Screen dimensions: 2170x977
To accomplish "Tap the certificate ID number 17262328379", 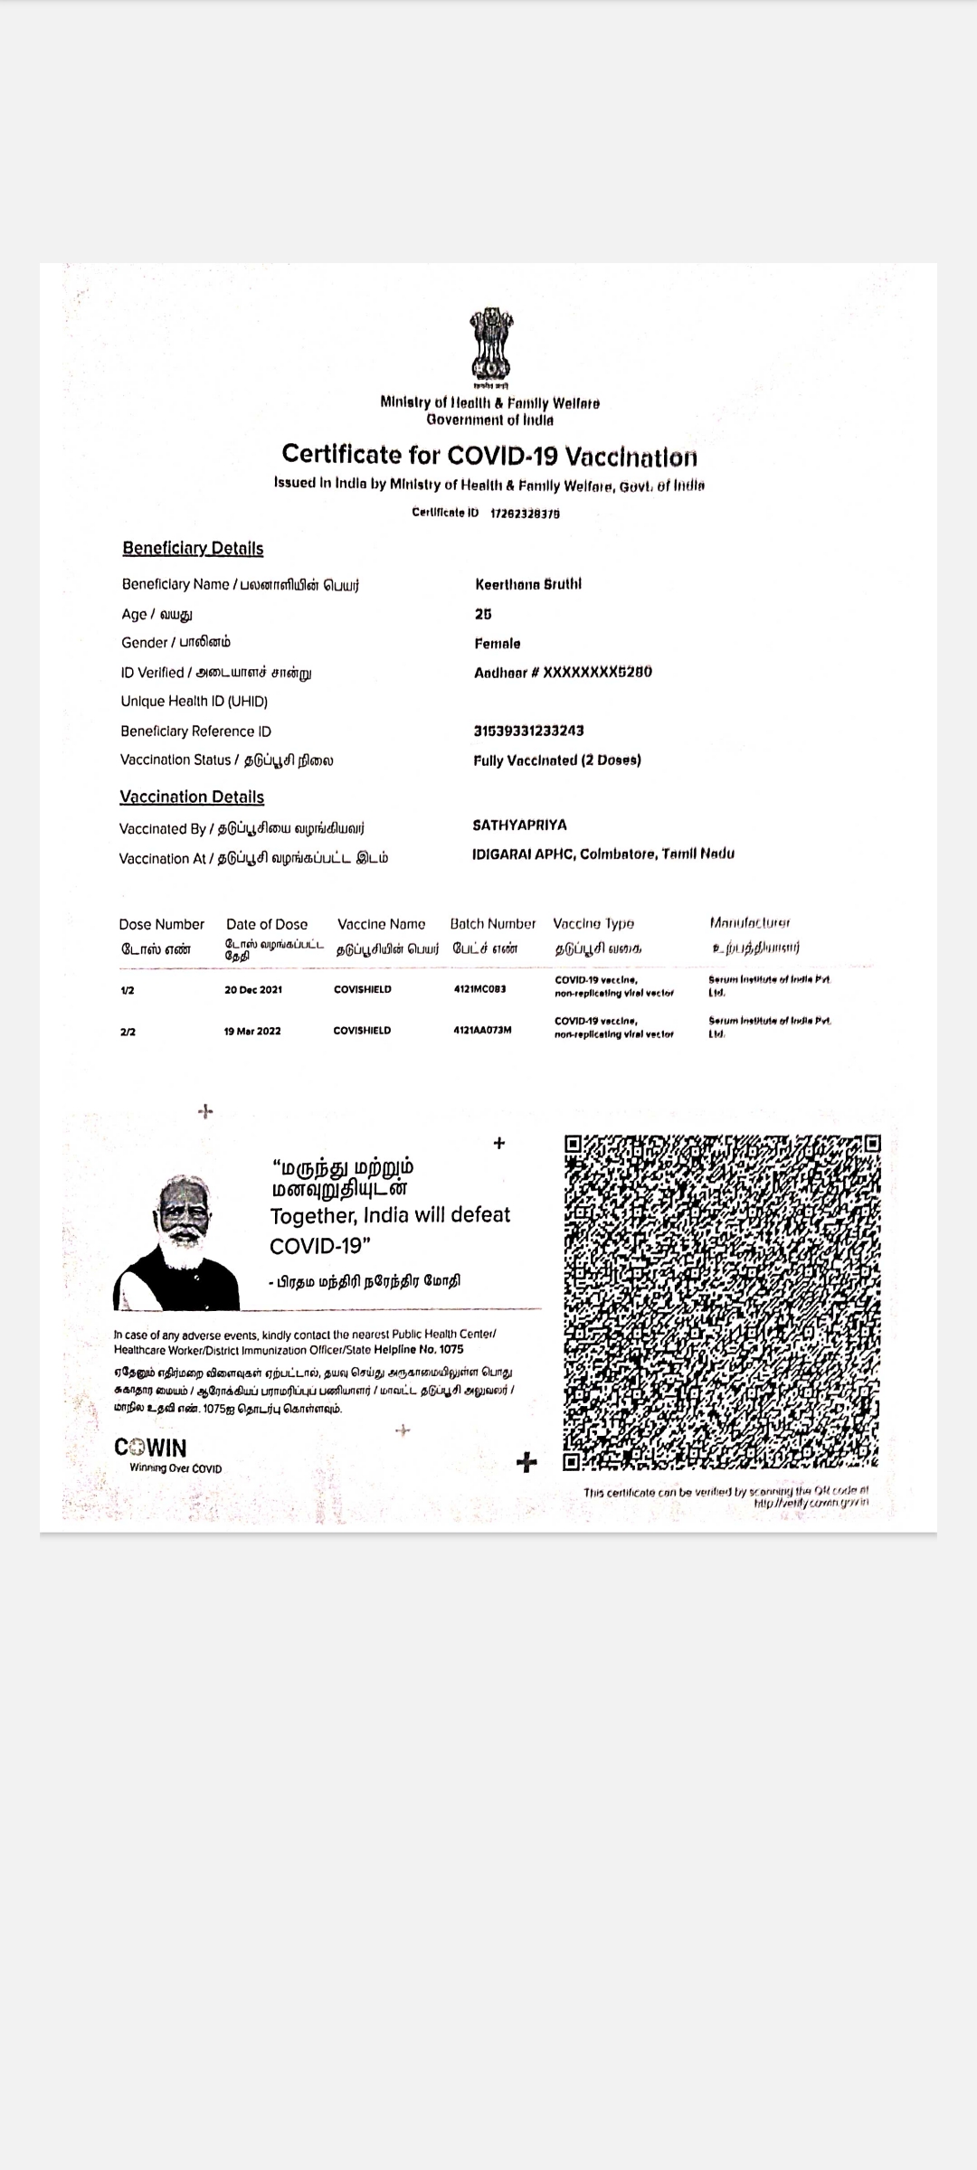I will point(525,514).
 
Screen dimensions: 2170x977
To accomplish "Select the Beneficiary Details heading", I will point(193,549).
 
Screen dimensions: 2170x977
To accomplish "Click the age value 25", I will point(483,614).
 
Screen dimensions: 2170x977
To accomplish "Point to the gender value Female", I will point(498,644).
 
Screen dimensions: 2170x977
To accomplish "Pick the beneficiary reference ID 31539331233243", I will point(528,731).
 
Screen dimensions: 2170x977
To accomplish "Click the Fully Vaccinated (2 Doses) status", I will point(556,760).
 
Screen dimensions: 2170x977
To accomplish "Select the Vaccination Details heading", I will point(192,797).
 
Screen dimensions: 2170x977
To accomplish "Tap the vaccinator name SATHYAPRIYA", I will point(519,826).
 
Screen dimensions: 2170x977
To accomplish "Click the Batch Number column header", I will point(493,924).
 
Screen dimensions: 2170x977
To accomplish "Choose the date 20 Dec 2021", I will point(253,990).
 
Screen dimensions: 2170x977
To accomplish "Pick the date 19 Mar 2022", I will point(252,1032).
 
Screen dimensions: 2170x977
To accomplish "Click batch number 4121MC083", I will point(479,989).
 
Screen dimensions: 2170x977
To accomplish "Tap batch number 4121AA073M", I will point(482,1030).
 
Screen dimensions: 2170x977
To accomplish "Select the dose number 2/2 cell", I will point(128,1032).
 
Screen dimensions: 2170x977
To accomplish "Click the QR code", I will point(721,1303).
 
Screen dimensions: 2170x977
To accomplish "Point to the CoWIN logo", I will point(151,1448).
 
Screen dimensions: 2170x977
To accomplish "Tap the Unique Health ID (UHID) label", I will point(194,702).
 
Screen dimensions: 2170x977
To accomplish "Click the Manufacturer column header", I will point(750,923).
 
